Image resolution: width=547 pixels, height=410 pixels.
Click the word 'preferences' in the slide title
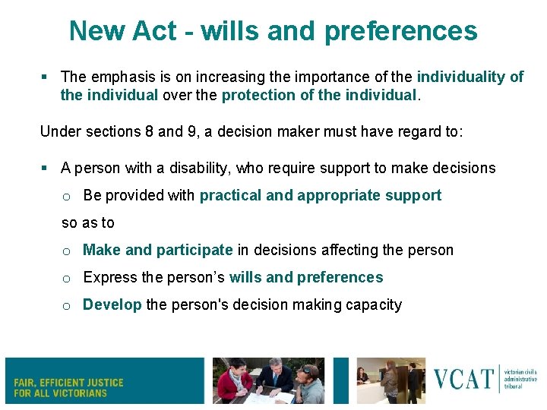(x=401, y=31)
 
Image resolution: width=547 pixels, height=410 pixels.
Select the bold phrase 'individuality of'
(x=470, y=77)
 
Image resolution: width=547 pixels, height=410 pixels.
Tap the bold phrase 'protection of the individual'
(x=320, y=95)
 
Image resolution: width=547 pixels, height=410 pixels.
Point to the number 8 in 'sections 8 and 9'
(x=148, y=131)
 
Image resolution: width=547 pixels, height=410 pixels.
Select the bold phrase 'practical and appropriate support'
(x=320, y=195)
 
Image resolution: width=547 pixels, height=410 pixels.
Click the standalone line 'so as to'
(x=87, y=222)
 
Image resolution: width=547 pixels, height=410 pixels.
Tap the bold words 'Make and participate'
(x=157, y=250)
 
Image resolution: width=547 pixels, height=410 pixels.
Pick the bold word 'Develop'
(x=112, y=304)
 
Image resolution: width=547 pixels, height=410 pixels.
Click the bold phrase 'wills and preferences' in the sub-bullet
(x=305, y=277)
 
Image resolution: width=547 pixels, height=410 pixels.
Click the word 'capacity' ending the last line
(x=376, y=304)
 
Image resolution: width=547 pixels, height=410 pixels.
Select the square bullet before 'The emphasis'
(x=45, y=77)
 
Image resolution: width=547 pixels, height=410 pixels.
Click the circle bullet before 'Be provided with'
(x=66, y=196)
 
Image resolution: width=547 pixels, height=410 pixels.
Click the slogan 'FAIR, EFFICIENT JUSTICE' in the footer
(x=68, y=383)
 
